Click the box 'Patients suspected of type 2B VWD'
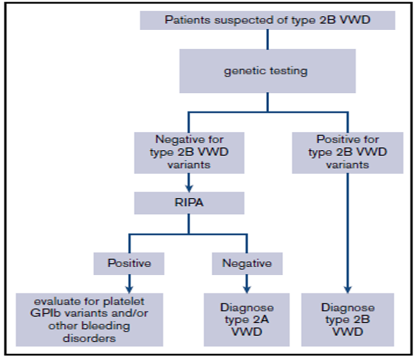[x=268, y=20]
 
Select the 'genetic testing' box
[x=268, y=70]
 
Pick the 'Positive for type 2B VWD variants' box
[x=345, y=152]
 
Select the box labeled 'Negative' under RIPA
[x=246, y=263]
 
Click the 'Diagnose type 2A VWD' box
[x=246, y=319]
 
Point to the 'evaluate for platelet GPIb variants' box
[x=89, y=319]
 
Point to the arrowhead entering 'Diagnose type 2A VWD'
[x=246, y=289]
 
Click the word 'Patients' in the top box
[x=184, y=20]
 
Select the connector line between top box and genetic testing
[x=268, y=39]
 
